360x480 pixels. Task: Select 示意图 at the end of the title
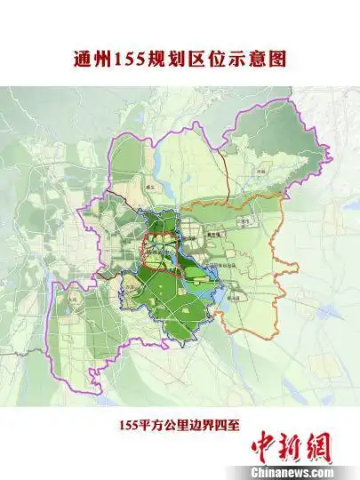[x=258, y=60]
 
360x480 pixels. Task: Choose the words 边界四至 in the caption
[x=217, y=425]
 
